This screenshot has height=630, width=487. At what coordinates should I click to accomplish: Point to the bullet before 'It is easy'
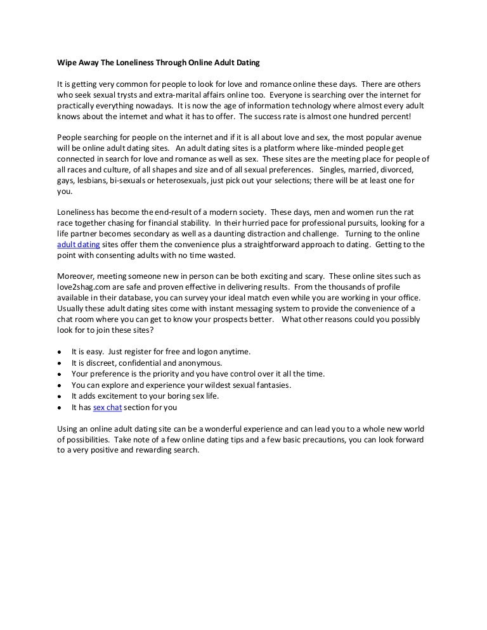59,351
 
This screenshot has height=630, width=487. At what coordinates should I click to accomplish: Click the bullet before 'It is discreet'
59,363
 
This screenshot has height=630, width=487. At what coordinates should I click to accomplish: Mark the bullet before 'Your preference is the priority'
59,374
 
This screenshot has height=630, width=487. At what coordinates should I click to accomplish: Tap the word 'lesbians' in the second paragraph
93,181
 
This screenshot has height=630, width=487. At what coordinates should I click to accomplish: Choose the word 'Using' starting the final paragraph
67,428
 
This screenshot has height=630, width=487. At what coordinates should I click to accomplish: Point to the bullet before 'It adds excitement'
59,396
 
